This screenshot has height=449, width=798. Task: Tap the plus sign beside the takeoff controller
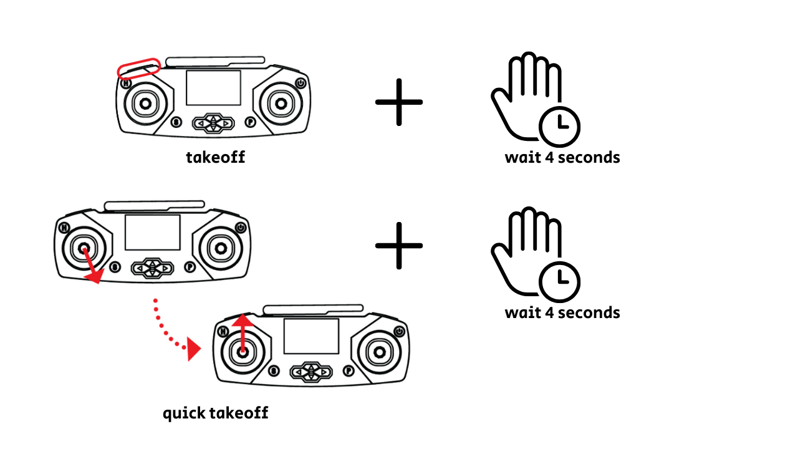point(399,102)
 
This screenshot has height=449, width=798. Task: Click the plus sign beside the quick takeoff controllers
point(399,246)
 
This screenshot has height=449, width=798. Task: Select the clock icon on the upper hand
point(560,127)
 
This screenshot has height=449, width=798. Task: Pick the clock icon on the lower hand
point(560,282)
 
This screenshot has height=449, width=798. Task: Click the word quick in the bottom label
point(184,413)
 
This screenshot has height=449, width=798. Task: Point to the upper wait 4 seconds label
point(562,158)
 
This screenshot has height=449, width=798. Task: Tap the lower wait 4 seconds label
point(562,313)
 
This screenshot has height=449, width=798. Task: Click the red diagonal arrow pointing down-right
point(92,266)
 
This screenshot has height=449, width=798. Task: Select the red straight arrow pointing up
point(243,334)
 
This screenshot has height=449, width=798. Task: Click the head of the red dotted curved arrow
point(194,349)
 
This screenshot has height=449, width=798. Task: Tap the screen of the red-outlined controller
point(213,88)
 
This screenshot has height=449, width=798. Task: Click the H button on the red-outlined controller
point(126,84)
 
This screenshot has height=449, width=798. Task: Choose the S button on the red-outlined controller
point(176,122)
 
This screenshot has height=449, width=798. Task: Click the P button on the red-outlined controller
point(251,122)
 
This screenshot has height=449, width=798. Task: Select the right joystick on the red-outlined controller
point(281,104)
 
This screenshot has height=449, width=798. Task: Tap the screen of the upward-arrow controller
point(311,336)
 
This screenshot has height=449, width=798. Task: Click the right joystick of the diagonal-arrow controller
point(221,248)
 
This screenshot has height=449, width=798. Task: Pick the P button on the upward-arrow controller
point(349,371)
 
